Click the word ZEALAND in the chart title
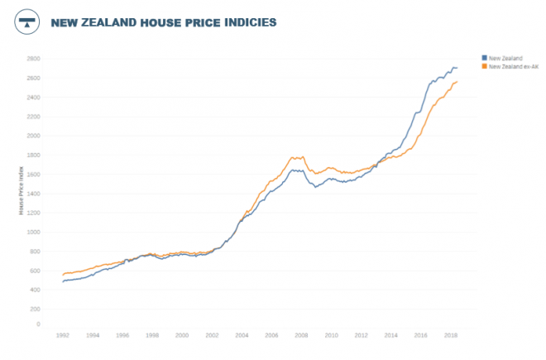tap(113, 22)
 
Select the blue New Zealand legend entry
tap(504, 58)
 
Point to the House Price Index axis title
tap(22, 190)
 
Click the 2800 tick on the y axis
tap(34, 59)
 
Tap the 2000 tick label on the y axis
tap(34, 136)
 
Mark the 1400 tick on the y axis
tap(34, 194)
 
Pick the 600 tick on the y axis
tap(36, 271)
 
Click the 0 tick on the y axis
tap(39, 324)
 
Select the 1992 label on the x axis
tap(62, 335)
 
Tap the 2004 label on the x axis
tap(242, 335)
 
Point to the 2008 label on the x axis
tap(301, 335)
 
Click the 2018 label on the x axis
tap(451, 335)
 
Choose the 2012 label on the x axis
tap(362, 335)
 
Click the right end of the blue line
tap(457, 68)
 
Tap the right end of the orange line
tap(459, 81)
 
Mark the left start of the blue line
tap(62, 282)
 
